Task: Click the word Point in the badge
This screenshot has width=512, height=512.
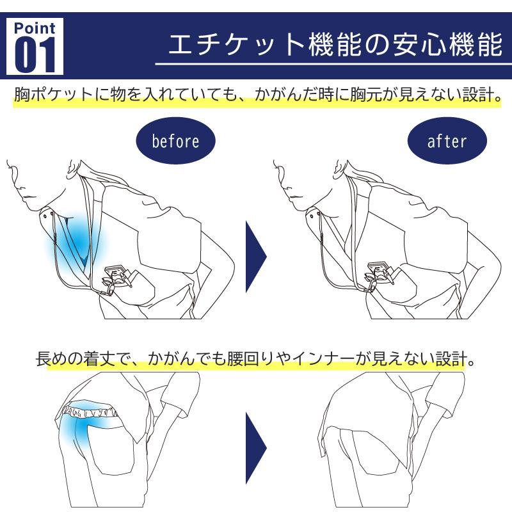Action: (35, 28)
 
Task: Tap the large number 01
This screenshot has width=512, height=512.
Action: (35, 55)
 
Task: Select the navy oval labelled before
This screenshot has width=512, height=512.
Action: (175, 141)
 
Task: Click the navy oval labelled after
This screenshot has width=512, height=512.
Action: (447, 141)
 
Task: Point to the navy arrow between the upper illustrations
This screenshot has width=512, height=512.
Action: (256, 257)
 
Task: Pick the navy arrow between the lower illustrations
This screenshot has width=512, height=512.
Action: (256, 448)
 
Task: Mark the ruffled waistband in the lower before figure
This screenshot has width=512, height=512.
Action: (89, 410)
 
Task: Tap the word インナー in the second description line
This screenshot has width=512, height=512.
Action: (323, 358)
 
